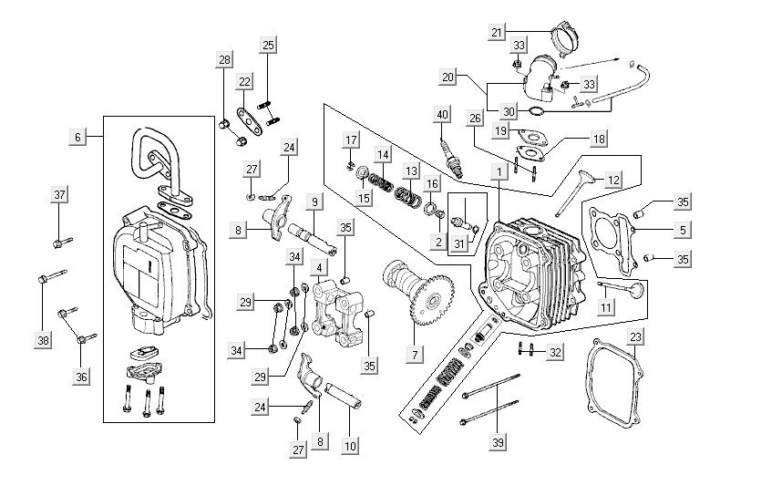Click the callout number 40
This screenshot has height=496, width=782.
(x=443, y=115)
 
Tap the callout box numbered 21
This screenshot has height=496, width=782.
(x=497, y=32)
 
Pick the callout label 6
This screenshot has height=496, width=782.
(x=77, y=137)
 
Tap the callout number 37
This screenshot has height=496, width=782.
(x=59, y=195)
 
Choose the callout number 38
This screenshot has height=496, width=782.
(x=42, y=340)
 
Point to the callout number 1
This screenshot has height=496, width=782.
(x=499, y=171)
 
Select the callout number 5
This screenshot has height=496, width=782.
(x=684, y=230)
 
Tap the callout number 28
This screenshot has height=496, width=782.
(x=224, y=60)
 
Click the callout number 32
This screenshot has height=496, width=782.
(x=555, y=350)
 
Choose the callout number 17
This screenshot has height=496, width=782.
(x=352, y=139)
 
